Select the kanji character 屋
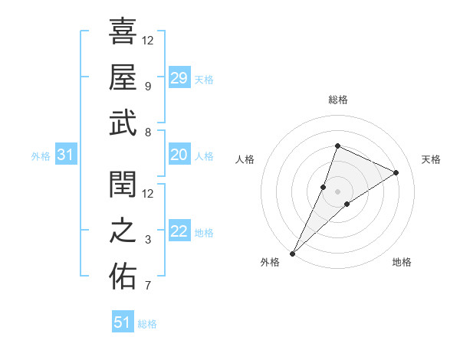click(122, 77)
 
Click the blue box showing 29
click(179, 78)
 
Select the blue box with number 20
click(179, 155)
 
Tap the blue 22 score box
click(179, 232)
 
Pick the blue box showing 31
click(65, 155)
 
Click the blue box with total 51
click(122, 322)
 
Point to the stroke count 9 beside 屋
click(147, 86)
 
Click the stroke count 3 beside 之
click(147, 240)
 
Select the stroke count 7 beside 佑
click(147, 286)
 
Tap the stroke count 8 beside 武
click(147, 132)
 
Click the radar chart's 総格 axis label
click(337, 100)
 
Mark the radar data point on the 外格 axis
click(293, 253)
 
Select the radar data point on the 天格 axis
click(396, 172)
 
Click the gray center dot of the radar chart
click(337, 191)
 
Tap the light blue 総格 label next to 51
click(147, 324)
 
